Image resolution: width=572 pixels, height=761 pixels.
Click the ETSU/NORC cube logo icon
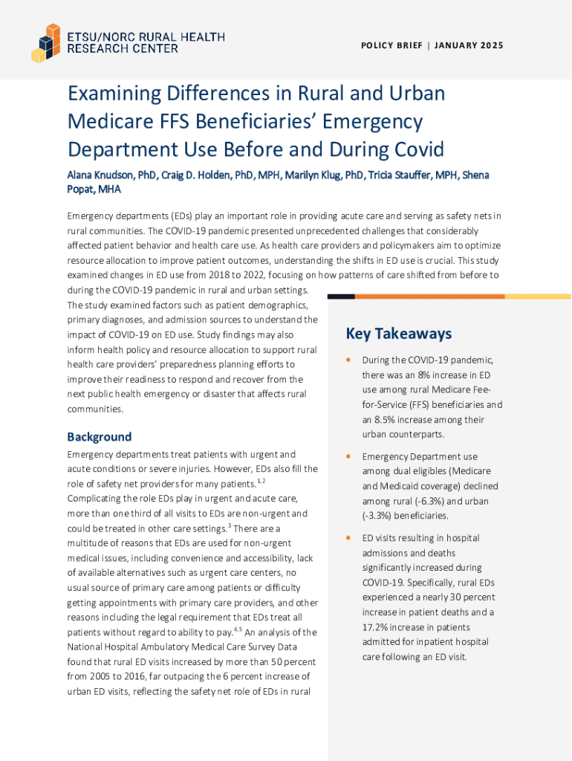pyautogui.click(x=45, y=42)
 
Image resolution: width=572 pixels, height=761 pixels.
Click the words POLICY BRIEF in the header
pyautogui.click(x=391, y=46)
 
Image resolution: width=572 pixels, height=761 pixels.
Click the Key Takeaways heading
pyautogui.click(x=398, y=334)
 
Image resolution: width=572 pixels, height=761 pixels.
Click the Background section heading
pyautogui.click(x=99, y=437)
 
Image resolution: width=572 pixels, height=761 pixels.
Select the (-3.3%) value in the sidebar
pyautogui.click(x=378, y=516)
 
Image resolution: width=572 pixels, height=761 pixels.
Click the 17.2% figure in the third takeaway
pyautogui.click(x=377, y=627)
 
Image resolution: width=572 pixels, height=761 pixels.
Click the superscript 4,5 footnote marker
pyautogui.click(x=237, y=629)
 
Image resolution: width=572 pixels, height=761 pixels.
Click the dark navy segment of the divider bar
pyautogui.click(x=341, y=297)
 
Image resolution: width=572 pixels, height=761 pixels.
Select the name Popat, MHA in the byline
pyautogui.click(x=94, y=190)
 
